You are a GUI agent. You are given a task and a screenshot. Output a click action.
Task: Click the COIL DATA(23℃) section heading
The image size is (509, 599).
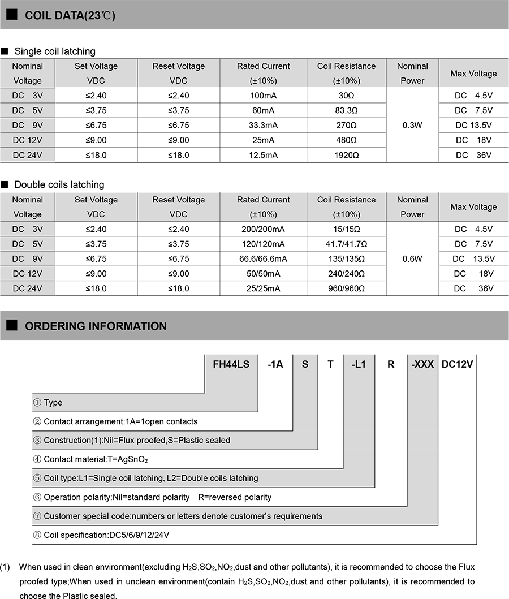tap(70, 15)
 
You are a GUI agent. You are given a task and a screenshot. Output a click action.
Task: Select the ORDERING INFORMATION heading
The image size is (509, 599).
tap(96, 326)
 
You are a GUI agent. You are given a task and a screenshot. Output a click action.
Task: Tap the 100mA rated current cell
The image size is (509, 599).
tap(263, 96)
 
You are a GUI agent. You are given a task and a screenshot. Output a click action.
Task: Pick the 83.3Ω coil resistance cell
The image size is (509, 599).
tap(346, 110)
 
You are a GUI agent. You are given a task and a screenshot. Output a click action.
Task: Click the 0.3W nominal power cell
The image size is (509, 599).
tap(412, 125)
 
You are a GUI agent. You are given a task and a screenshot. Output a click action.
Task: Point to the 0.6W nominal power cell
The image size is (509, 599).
tap(412, 258)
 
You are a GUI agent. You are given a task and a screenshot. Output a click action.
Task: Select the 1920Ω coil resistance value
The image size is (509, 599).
tap(346, 155)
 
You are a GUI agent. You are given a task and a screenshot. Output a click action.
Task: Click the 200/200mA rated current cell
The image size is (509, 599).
tap(263, 229)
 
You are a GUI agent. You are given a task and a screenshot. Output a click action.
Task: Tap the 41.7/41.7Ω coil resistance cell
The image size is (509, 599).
tap(346, 244)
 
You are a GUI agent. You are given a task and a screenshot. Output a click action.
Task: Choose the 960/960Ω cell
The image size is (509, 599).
tap(346, 288)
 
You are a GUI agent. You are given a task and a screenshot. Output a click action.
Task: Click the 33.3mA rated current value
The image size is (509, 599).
tap(263, 125)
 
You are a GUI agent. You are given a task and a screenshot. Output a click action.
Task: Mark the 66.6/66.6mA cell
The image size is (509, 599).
tap(263, 258)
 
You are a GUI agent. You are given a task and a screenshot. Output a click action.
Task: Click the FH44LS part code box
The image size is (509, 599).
tap(231, 364)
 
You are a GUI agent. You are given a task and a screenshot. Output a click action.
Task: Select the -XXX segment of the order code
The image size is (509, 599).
tap(422, 364)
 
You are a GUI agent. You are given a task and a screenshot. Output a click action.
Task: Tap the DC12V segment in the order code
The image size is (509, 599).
tap(457, 364)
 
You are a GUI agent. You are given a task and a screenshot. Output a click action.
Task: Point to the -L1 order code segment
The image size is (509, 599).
tap(359, 364)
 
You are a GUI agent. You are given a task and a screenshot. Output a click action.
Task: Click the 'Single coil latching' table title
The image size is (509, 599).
tap(54, 51)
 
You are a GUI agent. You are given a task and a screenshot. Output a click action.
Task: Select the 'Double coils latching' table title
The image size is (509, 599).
tap(59, 185)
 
